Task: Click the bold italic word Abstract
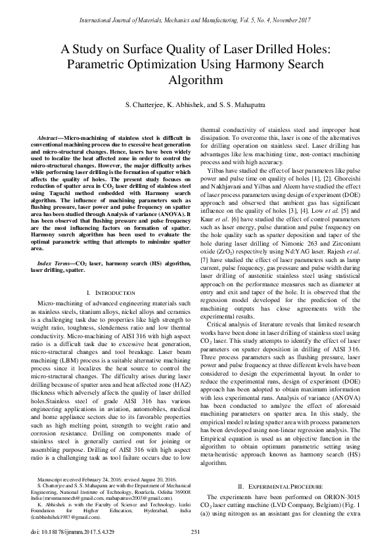point(48,138)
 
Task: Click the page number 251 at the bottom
point(195,531)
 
